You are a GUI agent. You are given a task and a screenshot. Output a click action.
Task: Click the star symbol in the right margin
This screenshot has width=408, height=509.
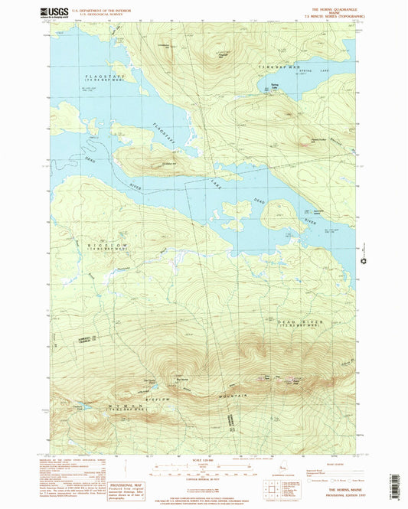[x=364, y=263]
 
